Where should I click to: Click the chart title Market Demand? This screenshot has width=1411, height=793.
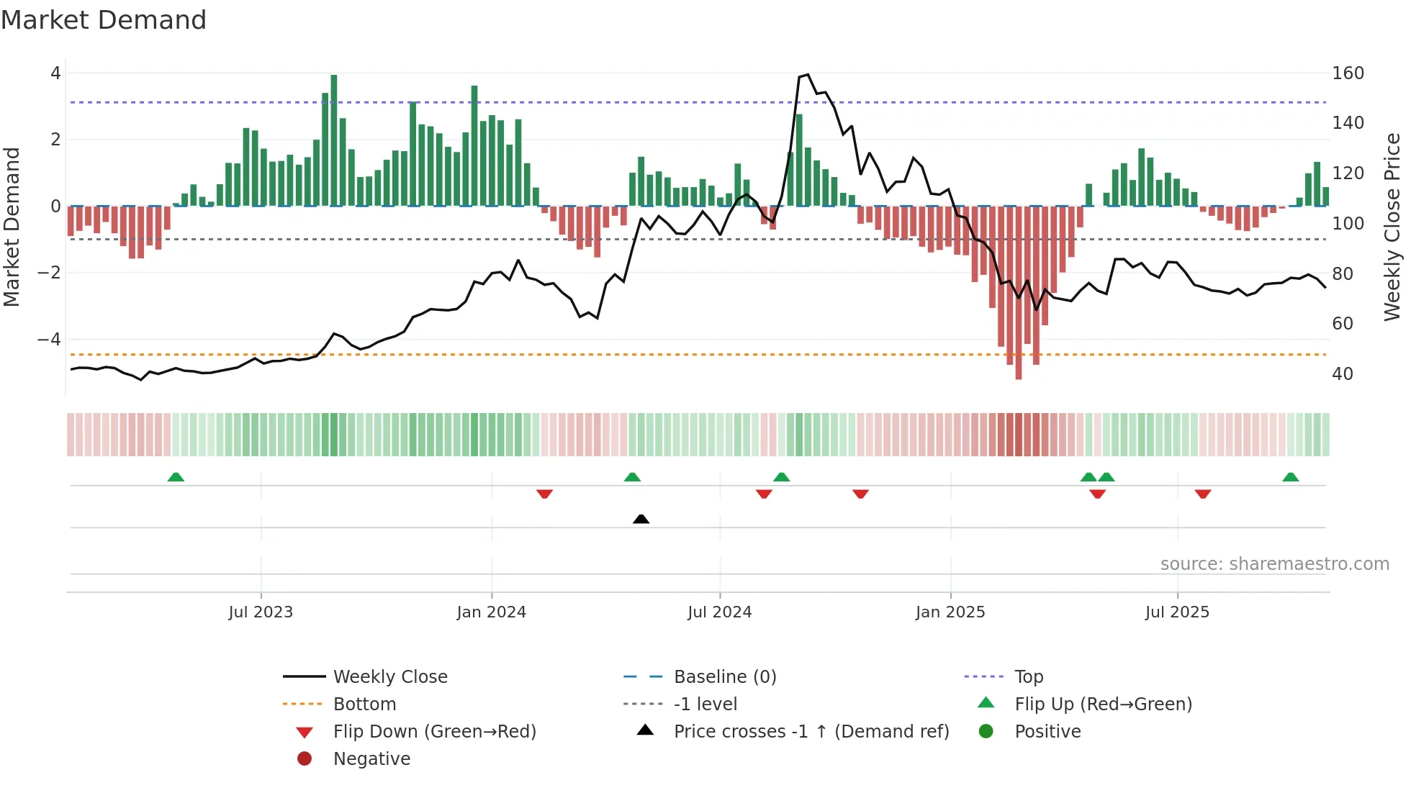pyautogui.click(x=104, y=20)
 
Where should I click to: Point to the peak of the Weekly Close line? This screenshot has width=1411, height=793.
pyautogui.click(x=808, y=75)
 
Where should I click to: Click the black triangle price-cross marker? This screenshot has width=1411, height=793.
pyautogui.click(x=641, y=519)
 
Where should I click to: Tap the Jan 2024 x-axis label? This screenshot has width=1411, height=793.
pyautogui.click(x=491, y=612)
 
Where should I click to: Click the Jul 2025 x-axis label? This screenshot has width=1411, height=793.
pyautogui.click(x=1177, y=612)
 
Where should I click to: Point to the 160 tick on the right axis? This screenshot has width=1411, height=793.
pyautogui.click(x=1348, y=73)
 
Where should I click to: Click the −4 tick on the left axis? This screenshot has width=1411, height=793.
pyautogui.click(x=50, y=339)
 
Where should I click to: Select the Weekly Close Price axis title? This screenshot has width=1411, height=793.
pyautogui.click(x=1392, y=227)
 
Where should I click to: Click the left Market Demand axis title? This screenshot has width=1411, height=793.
pyautogui.click(x=12, y=227)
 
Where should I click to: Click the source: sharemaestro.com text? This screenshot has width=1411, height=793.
pyautogui.click(x=1274, y=564)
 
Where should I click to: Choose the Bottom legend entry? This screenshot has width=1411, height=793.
pyautogui.click(x=364, y=704)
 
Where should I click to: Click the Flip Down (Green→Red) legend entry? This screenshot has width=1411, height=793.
pyautogui.click(x=434, y=731)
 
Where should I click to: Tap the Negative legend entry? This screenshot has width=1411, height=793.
pyautogui.click(x=371, y=758)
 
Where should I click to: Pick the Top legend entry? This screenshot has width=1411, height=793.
pyautogui.click(x=1029, y=676)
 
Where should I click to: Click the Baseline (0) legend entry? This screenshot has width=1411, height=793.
pyautogui.click(x=725, y=676)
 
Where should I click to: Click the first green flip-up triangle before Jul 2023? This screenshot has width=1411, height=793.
pyautogui.click(x=176, y=477)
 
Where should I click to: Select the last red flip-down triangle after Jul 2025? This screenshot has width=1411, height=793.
pyautogui.click(x=1203, y=494)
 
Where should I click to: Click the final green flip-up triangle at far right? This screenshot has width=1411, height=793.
pyautogui.click(x=1290, y=477)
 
